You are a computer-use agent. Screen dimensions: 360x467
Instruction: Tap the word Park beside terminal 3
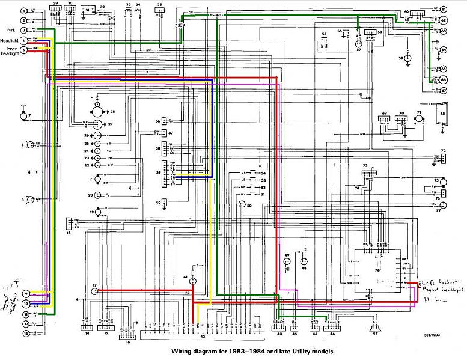10,29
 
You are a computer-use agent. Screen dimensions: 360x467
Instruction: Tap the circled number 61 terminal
444,10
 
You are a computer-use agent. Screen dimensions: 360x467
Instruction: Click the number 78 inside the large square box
377,271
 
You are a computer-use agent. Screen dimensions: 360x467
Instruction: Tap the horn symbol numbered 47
376,329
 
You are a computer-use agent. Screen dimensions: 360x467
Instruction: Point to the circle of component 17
94,291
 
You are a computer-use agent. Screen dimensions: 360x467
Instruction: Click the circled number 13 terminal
26,332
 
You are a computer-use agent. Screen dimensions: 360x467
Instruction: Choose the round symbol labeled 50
242,204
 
